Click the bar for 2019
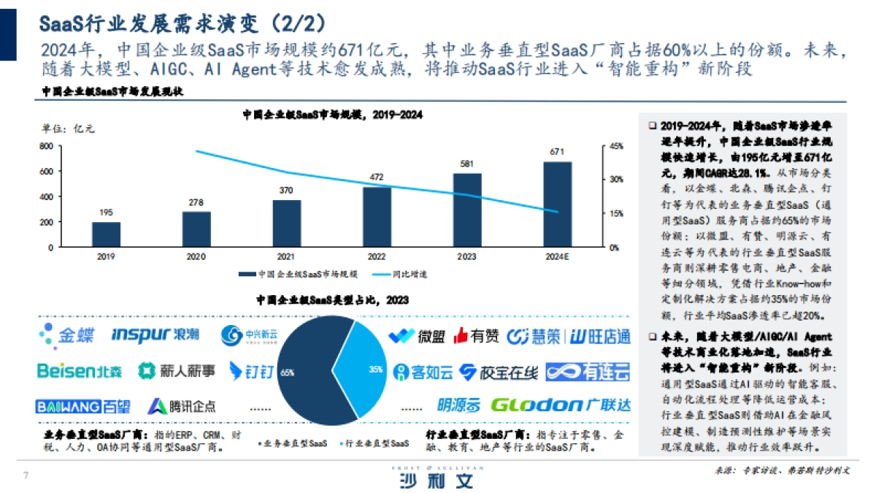106,234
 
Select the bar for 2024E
558,205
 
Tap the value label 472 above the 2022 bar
377,177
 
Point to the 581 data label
467,164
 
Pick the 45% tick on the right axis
617,146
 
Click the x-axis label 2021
286,257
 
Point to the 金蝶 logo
67,335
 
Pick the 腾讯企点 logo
182,406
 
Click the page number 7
26,476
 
